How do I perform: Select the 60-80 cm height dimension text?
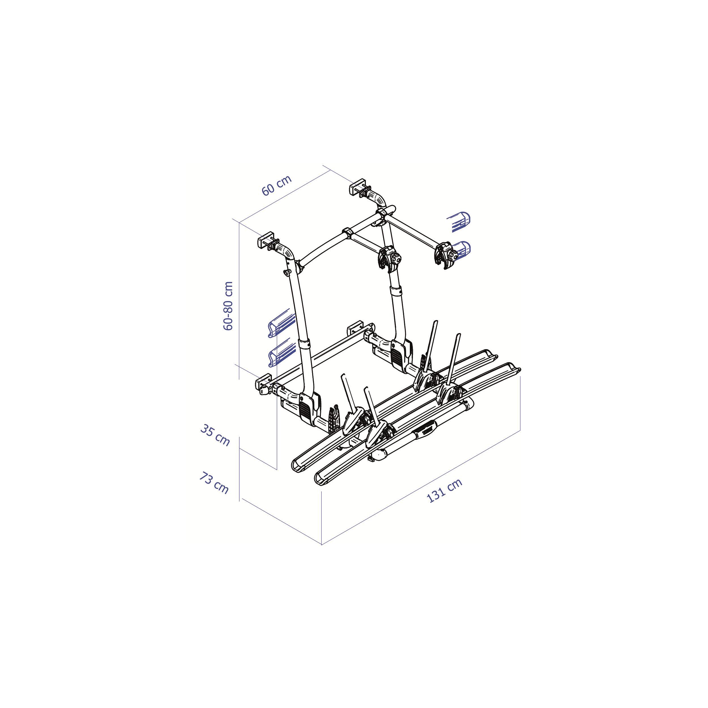click(228, 306)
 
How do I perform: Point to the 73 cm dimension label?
click(214, 483)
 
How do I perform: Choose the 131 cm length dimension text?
click(445, 491)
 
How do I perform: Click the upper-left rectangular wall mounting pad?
click(266, 240)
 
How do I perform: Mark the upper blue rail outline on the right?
click(459, 222)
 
